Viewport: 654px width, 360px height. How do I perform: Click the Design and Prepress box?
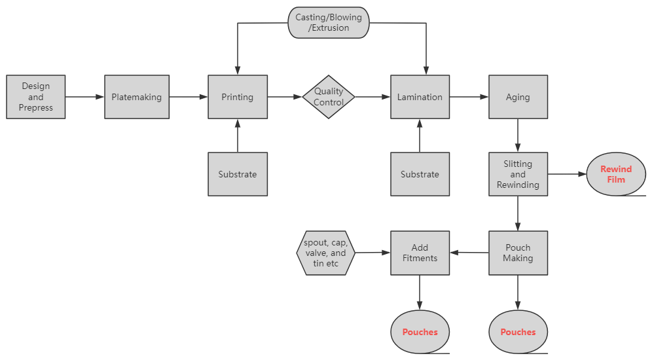pyautogui.click(x=36, y=97)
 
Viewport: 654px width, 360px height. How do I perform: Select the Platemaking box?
pyautogui.click(x=136, y=97)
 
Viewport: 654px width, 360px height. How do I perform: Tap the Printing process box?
pyautogui.click(x=238, y=97)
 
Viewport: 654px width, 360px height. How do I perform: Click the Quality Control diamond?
pyautogui.click(x=329, y=97)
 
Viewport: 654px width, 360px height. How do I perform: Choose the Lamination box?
pyautogui.click(x=420, y=97)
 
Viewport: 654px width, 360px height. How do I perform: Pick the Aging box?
pyautogui.click(x=518, y=97)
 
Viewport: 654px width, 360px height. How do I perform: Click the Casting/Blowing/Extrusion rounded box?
pyautogui.click(x=329, y=23)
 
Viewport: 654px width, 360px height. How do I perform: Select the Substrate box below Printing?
pyautogui.click(x=238, y=174)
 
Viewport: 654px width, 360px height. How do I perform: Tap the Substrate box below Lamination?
pyautogui.click(x=420, y=174)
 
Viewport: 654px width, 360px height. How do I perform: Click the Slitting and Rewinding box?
pyautogui.click(x=518, y=174)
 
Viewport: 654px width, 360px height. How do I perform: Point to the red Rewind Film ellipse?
pyautogui.click(x=616, y=174)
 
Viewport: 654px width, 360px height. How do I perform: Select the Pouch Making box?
pyautogui.click(x=518, y=253)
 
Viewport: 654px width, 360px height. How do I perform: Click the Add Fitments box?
pyautogui.click(x=420, y=253)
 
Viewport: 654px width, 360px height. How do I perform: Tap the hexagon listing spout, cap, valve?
pyautogui.click(x=326, y=253)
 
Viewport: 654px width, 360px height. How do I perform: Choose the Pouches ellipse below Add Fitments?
pyautogui.click(x=420, y=332)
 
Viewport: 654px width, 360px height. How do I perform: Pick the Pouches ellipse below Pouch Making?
pyautogui.click(x=518, y=332)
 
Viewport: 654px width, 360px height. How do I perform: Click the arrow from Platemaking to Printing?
pyautogui.click(x=189, y=97)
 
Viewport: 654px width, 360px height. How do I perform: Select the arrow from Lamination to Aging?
pyautogui.click(x=469, y=97)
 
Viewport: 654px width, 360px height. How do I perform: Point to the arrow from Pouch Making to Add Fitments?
pyautogui.click(x=469, y=253)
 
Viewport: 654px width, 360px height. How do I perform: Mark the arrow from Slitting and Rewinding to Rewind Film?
pyautogui.click(x=566, y=174)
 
